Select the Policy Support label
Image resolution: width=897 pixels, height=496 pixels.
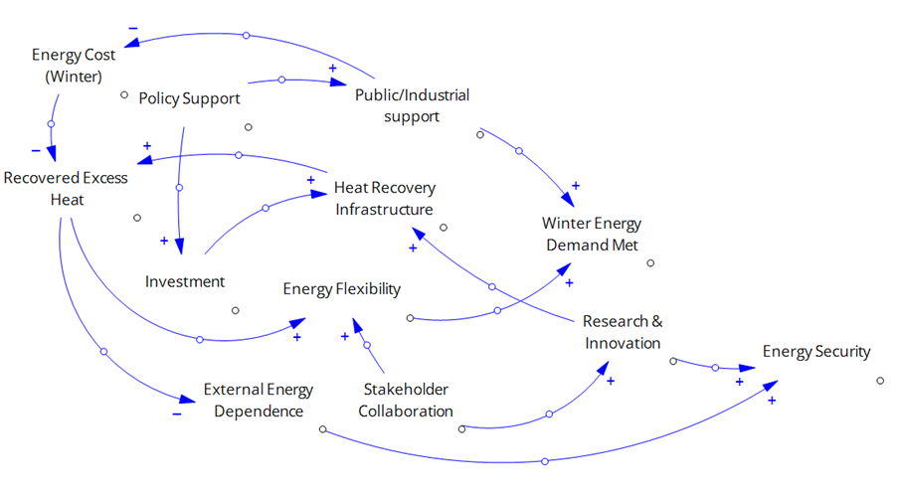pyautogui.click(x=189, y=98)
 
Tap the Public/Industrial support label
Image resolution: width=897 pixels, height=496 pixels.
pyautogui.click(x=412, y=105)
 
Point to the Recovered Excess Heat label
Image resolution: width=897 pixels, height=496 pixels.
pyautogui.click(x=66, y=189)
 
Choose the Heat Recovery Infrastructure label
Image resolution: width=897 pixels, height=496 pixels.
pyautogui.click(x=384, y=198)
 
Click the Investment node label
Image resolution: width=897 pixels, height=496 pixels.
pyautogui.click(x=185, y=281)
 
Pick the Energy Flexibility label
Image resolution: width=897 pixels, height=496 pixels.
pyautogui.click(x=341, y=289)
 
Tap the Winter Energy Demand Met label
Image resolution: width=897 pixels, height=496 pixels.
pyautogui.click(x=592, y=234)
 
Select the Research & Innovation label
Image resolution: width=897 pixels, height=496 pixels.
pyautogui.click(x=623, y=332)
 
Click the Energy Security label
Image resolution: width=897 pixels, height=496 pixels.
pyautogui.click(x=815, y=351)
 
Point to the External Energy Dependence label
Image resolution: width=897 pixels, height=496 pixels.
pyautogui.click(x=258, y=400)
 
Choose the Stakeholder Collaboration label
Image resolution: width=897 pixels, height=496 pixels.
pyautogui.click(x=406, y=400)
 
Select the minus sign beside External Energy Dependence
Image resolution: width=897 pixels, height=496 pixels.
pyautogui.click(x=176, y=413)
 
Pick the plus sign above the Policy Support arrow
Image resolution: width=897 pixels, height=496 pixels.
pyautogui.click(x=332, y=67)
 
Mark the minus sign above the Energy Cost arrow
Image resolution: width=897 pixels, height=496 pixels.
pyautogui.click(x=133, y=27)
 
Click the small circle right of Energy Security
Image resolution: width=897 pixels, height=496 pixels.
pyautogui.click(x=881, y=380)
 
